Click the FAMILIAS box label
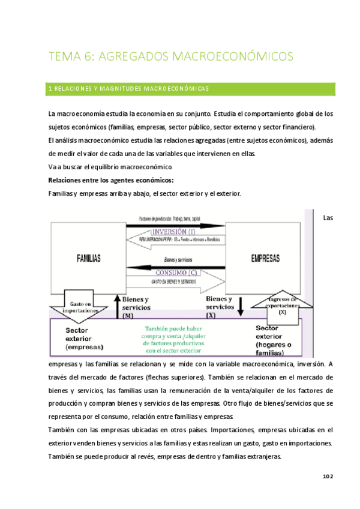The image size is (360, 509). click(x=88, y=258)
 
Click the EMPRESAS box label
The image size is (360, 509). click(x=265, y=258)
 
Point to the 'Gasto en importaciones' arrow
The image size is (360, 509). click(x=80, y=308)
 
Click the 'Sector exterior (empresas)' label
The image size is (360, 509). click(x=85, y=339)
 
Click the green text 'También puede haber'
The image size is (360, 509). click(x=175, y=328)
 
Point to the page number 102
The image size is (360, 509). click(x=327, y=476)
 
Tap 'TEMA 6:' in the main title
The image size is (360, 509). click(x=70, y=57)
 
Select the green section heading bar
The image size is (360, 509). click(x=191, y=89)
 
